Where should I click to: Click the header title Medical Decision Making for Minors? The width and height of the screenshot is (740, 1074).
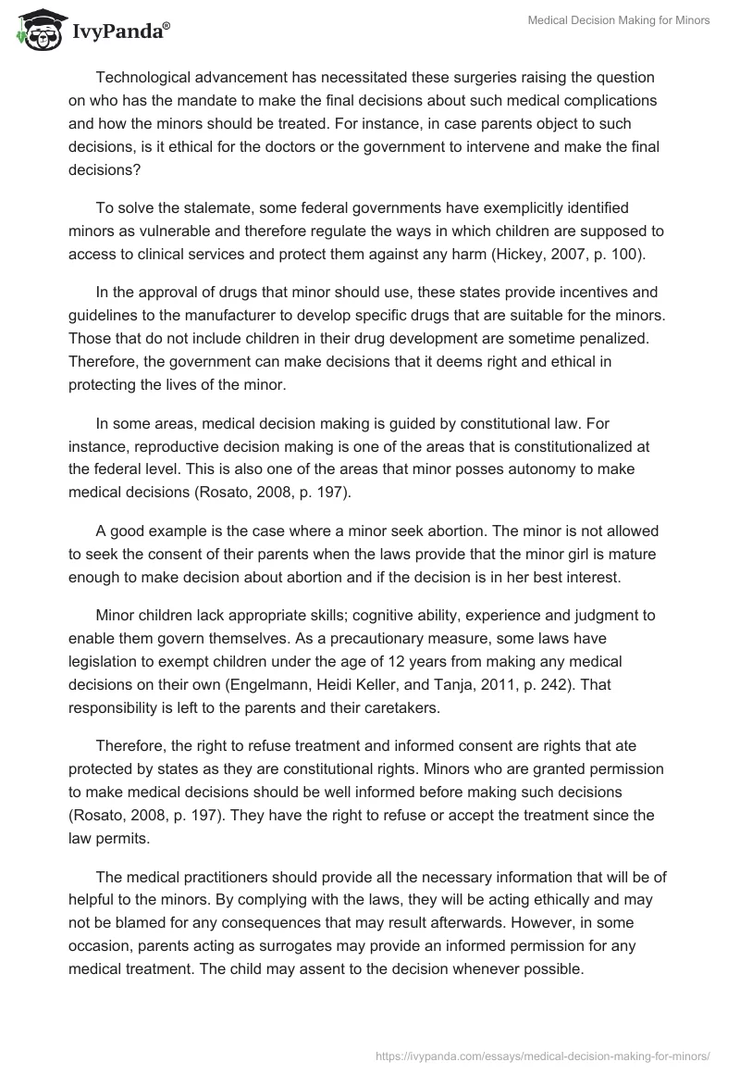click(x=618, y=20)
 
